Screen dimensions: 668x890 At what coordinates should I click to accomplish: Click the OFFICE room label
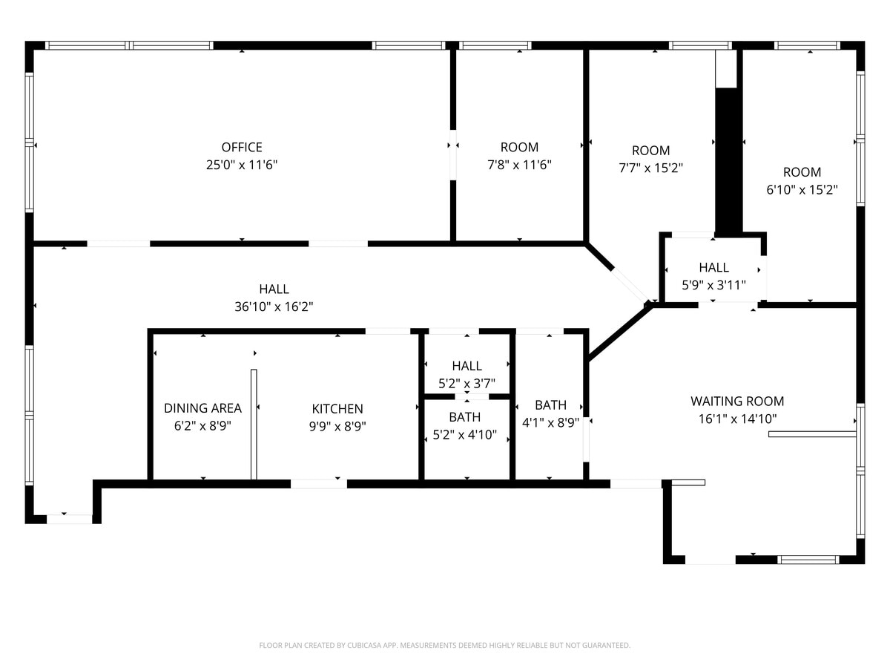pyautogui.click(x=242, y=147)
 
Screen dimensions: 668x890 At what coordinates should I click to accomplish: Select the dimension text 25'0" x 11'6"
pyautogui.click(x=242, y=165)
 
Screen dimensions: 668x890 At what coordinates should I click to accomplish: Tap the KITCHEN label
pyautogui.click(x=337, y=408)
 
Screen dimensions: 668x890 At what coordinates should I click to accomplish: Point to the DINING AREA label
pyautogui.click(x=202, y=407)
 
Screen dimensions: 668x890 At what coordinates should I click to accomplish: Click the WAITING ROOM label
pyautogui.click(x=737, y=401)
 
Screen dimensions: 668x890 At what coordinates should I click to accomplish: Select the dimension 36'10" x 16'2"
pyautogui.click(x=274, y=307)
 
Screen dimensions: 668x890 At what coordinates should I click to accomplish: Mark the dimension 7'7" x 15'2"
pyautogui.click(x=650, y=168)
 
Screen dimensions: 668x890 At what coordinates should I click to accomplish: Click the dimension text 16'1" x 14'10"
pyautogui.click(x=737, y=419)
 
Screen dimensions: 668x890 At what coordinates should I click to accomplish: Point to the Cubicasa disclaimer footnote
pyautogui.click(x=445, y=645)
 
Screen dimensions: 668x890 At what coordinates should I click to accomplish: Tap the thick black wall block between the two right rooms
pyautogui.click(x=728, y=160)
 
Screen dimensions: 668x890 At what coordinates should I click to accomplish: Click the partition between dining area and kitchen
pyautogui.click(x=254, y=425)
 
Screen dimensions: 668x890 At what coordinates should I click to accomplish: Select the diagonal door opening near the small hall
pyautogui.click(x=629, y=284)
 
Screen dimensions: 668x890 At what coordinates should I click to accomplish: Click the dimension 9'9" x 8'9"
pyautogui.click(x=337, y=426)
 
